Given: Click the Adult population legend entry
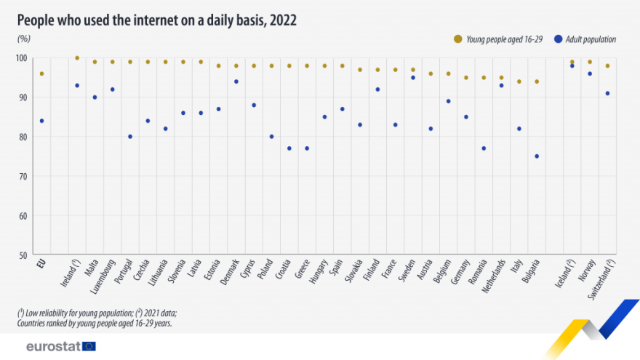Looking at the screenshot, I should pos(586,39).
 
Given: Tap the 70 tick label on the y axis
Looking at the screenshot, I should pos(23,176).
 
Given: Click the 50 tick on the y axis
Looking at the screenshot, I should pos(23,255).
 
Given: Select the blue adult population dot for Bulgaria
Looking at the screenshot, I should pos(537,156).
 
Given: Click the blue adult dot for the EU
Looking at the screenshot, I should pos(41,121).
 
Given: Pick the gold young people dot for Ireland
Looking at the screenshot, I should pos(77,58).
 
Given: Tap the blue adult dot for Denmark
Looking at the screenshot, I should pos(236,81).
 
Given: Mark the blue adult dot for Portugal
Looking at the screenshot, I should pos(130,137).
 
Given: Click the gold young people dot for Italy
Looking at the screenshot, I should pos(519,81).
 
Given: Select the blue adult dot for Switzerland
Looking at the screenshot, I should pos(607,93).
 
